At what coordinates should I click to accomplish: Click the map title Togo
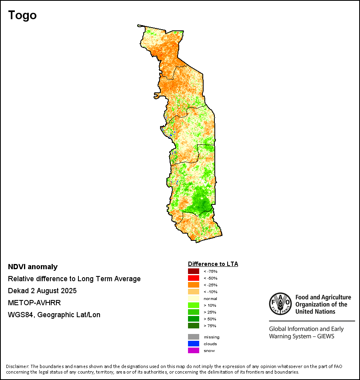click(x=22, y=15)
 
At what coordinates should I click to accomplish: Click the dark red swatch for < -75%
click(x=194, y=271)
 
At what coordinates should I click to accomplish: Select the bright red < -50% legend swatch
click(x=194, y=278)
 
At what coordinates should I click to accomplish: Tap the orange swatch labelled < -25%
click(x=194, y=285)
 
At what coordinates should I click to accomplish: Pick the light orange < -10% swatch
click(x=194, y=292)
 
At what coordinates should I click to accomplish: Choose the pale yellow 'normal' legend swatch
click(x=194, y=298)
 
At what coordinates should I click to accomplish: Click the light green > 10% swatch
click(x=194, y=305)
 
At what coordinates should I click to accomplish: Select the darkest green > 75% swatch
click(x=194, y=326)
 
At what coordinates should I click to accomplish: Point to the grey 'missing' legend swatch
click(x=194, y=337)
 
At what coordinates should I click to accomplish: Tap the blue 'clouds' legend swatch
click(x=194, y=344)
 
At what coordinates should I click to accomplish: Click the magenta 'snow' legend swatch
click(x=194, y=350)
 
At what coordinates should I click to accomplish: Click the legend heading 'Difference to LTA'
click(x=213, y=264)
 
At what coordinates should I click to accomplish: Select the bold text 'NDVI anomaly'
click(x=33, y=267)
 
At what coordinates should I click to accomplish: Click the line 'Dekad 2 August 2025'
click(x=42, y=291)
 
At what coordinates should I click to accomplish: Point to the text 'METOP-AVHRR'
click(x=34, y=303)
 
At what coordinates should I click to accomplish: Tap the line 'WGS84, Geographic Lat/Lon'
click(x=54, y=315)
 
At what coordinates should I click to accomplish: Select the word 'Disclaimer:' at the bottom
click(x=18, y=366)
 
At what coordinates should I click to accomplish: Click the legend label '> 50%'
click(x=210, y=319)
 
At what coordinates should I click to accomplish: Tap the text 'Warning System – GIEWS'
click(x=302, y=336)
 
